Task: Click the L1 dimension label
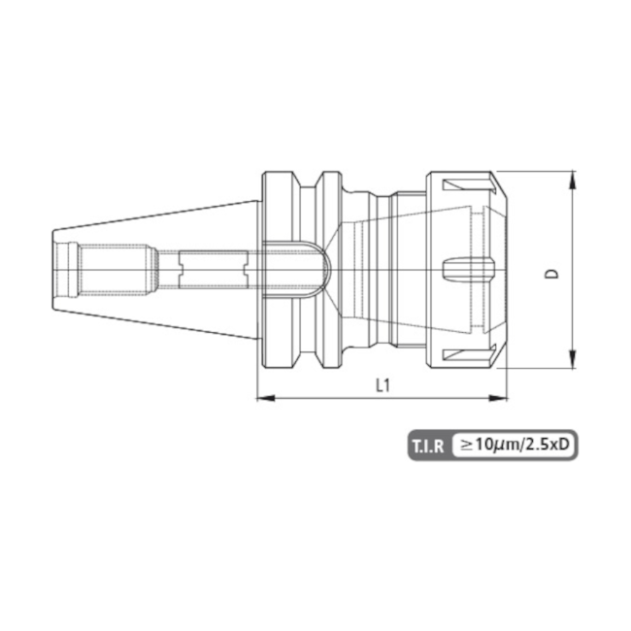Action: pyautogui.click(x=382, y=384)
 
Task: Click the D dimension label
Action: pyautogui.click(x=552, y=275)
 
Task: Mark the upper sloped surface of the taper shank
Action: pyautogui.click(x=155, y=215)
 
